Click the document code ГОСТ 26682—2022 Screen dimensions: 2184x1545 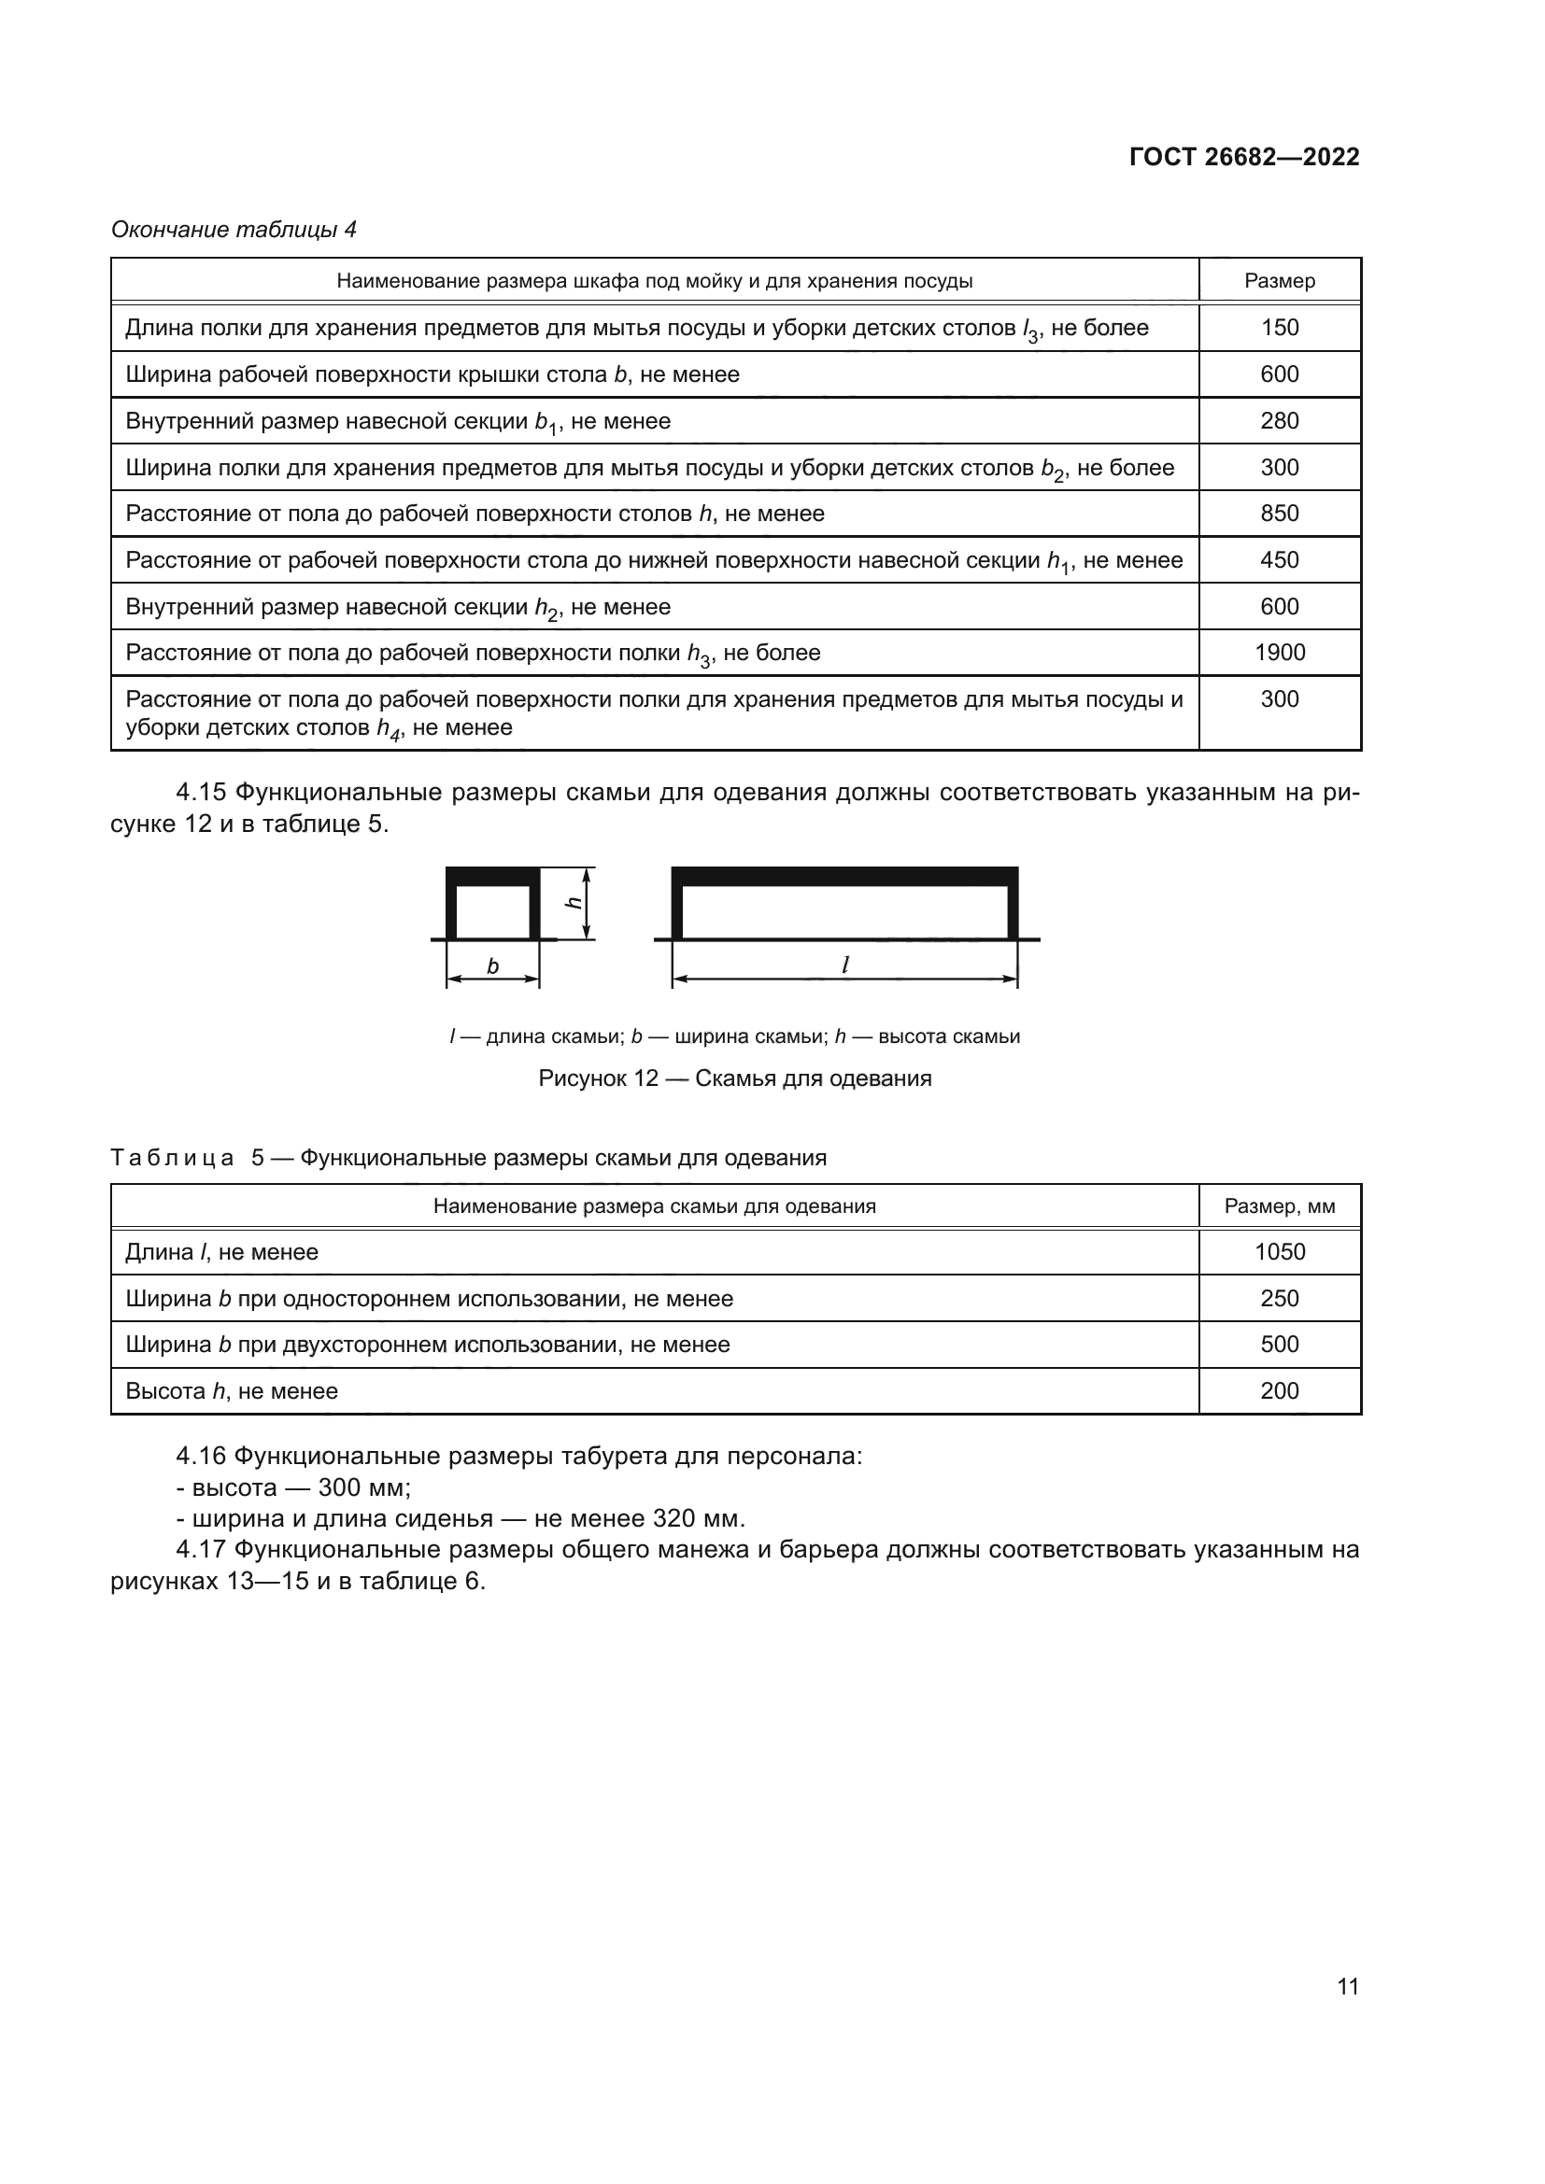point(1243,157)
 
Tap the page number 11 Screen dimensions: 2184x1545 point(1347,1986)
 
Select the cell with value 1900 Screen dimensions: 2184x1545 point(1279,653)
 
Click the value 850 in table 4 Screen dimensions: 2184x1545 point(1279,514)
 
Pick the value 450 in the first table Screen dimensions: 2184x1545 point(1279,560)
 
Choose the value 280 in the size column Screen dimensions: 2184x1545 point(1279,420)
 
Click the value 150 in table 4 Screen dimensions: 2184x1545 point(1279,327)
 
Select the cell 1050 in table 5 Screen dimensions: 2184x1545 point(1279,1252)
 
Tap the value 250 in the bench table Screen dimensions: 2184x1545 point(1279,1299)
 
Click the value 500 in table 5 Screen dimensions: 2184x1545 point(1279,1344)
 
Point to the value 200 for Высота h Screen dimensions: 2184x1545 point(1279,1390)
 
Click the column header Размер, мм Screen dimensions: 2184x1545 point(1279,1206)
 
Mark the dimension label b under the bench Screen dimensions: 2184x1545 point(493,966)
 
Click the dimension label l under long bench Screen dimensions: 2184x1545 point(844,965)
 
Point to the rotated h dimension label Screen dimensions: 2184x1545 point(573,902)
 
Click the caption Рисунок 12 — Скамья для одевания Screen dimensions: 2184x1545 point(734,1078)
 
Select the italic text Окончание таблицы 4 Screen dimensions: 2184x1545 point(234,230)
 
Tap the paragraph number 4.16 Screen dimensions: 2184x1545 point(201,1457)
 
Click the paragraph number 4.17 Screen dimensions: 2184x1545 point(201,1550)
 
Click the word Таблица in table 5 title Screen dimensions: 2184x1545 point(172,1158)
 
